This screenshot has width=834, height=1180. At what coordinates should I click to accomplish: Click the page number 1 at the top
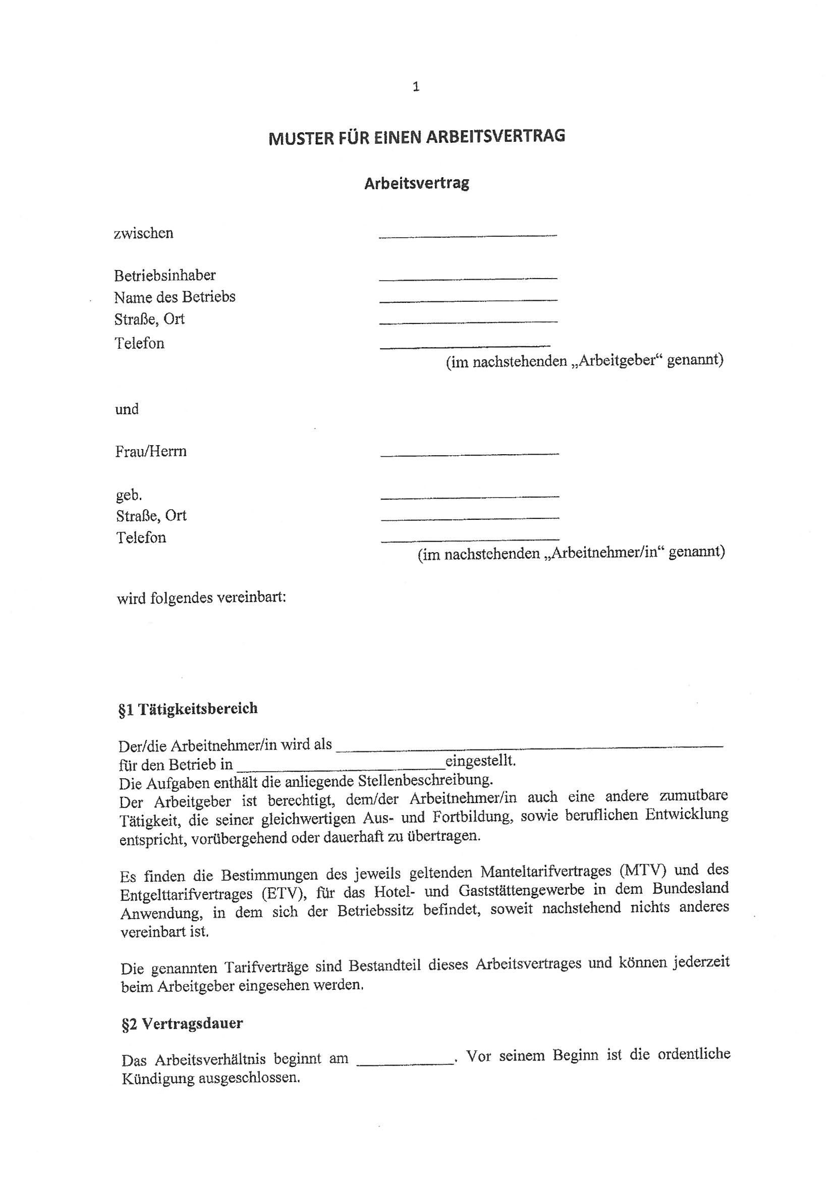pos(416,87)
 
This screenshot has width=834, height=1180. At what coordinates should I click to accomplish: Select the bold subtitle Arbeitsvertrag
pos(416,184)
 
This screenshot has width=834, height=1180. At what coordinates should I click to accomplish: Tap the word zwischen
pos(143,233)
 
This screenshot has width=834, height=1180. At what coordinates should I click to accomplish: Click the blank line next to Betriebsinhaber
pos(468,278)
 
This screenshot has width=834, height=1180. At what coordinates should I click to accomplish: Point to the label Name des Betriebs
pos(175,297)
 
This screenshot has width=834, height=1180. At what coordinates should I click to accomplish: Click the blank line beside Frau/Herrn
pos(469,453)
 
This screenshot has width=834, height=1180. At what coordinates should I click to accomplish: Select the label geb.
pos(129,495)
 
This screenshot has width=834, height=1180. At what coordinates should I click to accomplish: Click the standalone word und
pos(127,409)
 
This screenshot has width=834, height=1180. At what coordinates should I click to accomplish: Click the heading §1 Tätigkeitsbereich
pos(188,709)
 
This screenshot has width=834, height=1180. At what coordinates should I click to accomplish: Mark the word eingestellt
pos(480,761)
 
